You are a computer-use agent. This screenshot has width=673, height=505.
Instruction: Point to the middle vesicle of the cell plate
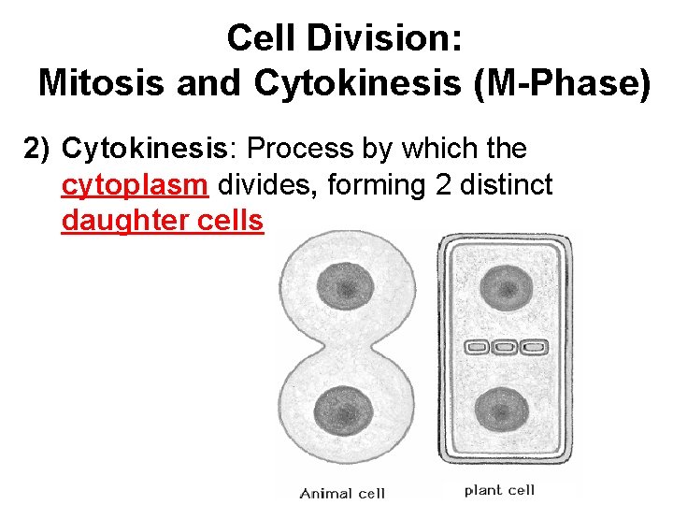pos(505,348)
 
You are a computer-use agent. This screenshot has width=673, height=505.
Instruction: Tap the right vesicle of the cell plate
pos(535,348)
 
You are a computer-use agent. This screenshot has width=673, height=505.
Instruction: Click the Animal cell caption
pos(343,493)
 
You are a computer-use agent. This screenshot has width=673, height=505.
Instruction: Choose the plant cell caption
pos(499,490)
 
